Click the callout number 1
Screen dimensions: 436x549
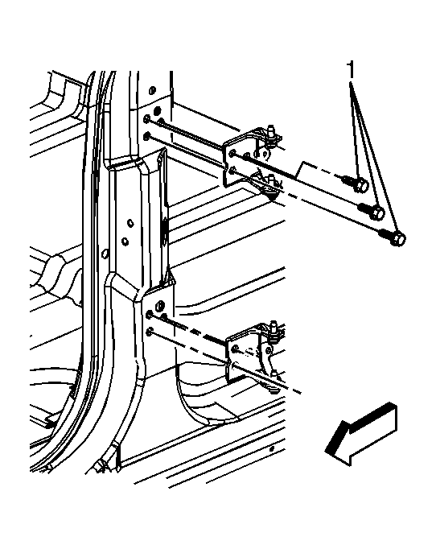pos(351,69)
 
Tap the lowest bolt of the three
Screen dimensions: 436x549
pos(393,237)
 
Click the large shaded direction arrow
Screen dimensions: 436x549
pos(361,434)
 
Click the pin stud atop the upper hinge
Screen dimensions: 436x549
pos(270,132)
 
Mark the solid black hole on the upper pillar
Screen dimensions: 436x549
pos(157,110)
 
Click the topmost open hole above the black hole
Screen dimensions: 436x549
pos(151,90)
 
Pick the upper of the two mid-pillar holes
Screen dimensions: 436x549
pos(130,223)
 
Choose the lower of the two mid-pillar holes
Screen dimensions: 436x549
pos(125,241)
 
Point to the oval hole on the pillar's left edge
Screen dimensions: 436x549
pos(104,253)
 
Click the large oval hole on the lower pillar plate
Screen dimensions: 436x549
pos(159,305)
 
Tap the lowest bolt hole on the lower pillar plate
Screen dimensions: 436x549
pos(150,331)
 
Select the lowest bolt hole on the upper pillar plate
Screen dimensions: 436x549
pos(147,135)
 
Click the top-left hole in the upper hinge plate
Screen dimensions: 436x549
pos(232,153)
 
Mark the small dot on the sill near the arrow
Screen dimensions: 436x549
pos(272,448)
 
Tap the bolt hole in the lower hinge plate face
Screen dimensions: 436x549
pos(236,349)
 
